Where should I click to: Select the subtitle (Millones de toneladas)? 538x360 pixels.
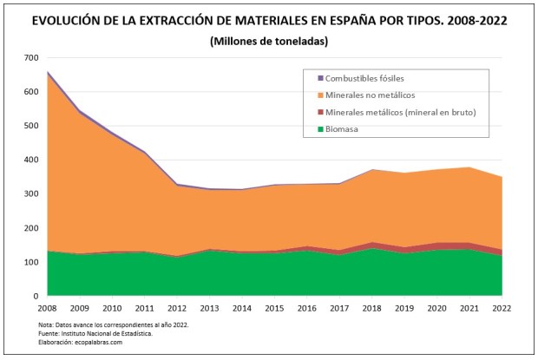[269, 41]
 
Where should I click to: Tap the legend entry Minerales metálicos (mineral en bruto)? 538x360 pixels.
[398, 113]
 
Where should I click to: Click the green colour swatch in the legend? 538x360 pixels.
[320, 129]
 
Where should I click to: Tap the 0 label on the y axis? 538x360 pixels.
[36, 296]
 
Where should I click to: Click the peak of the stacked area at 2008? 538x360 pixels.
[47, 72]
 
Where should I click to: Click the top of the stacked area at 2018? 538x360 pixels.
[372, 170]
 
